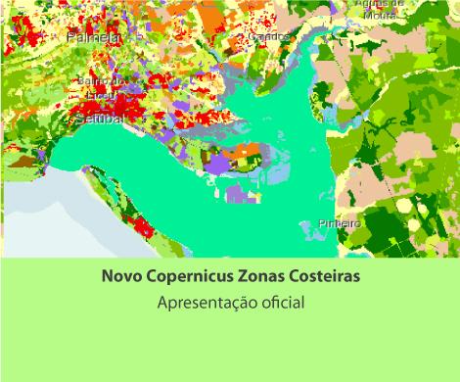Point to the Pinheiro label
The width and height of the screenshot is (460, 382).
pos(340,223)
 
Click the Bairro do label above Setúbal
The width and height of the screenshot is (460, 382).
pos(100,81)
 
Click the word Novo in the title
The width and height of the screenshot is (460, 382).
pos(121,277)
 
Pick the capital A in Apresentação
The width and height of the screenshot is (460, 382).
pos(163,303)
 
